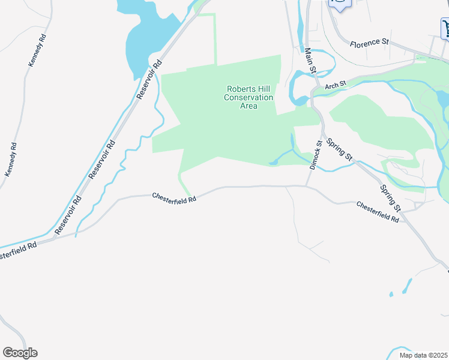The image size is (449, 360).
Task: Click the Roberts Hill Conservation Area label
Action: pos(249,97)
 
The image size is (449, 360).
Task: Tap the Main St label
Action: pos(310,61)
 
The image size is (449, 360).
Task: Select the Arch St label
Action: pos(336,86)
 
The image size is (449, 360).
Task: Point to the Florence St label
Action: pos(370,43)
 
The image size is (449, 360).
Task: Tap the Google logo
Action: pos(20,353)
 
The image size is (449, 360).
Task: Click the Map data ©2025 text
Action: pos(423,355)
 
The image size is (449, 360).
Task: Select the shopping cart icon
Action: pos(445,28)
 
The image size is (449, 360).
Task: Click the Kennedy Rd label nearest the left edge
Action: pos(10,160)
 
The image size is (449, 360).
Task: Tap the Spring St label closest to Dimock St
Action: pos(339,149)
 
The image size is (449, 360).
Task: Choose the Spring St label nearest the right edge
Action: pos(390,197)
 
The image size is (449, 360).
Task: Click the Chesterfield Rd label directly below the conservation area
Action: pos(174,197)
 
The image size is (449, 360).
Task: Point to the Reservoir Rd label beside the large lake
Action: pos(150,79)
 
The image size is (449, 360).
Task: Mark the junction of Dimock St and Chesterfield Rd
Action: pos(307,186)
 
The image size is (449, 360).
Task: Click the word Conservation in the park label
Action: pos(249,97)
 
